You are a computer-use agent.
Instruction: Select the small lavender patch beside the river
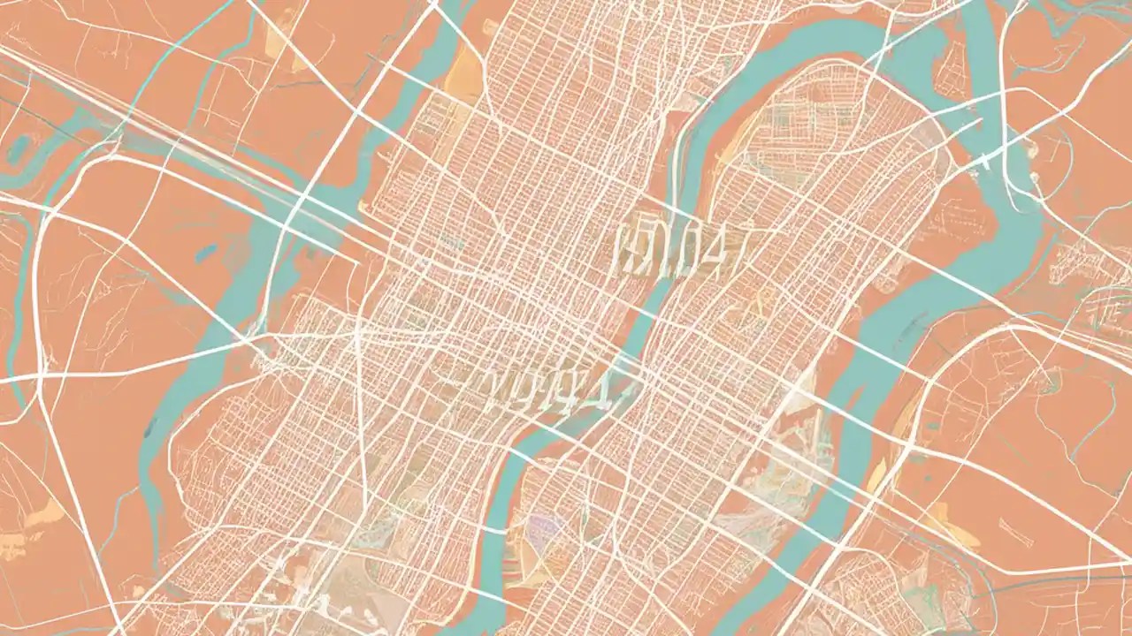tap(541, 529)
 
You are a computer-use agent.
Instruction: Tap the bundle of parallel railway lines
tap(221, 168)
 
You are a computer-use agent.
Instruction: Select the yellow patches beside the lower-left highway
tap(35, 521)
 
